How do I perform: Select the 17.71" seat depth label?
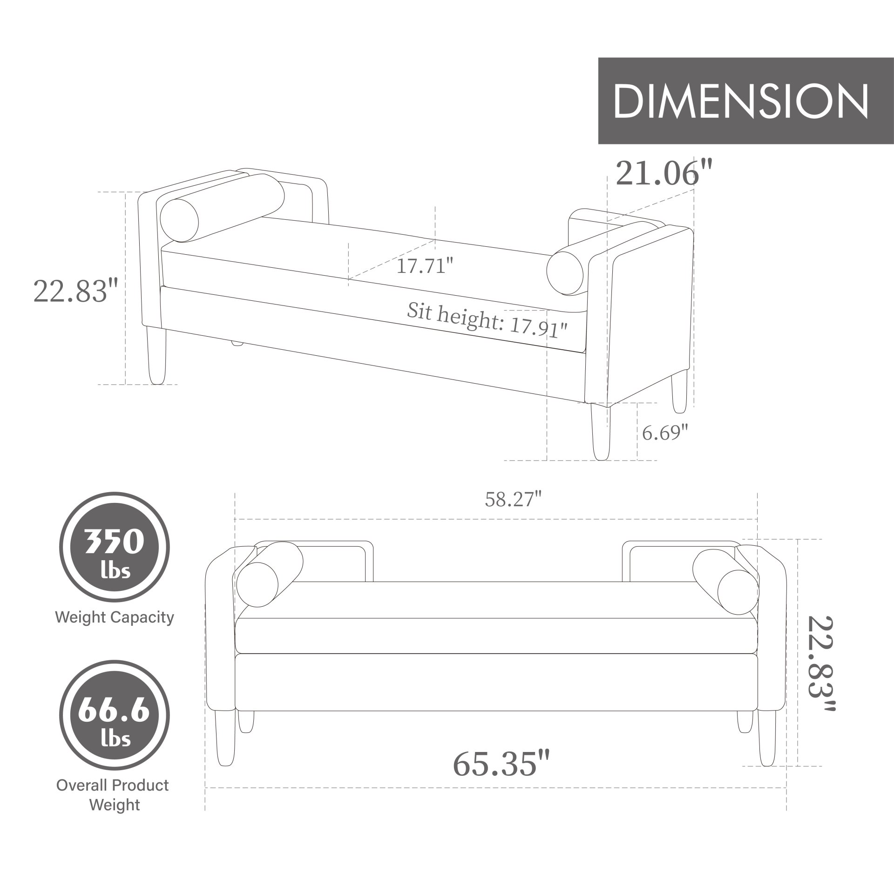point(424,266)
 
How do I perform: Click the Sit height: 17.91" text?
point(487,322)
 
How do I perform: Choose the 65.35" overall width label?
point(501,763)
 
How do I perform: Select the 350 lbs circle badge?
point(114,548)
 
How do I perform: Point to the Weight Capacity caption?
point(114,617)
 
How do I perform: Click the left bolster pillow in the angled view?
point(222,208)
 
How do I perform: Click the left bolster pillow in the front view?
point(269,574)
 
